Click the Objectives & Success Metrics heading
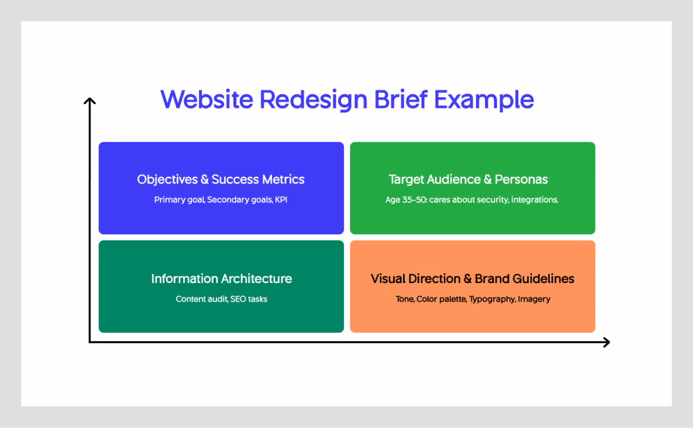click(x=221, y=179)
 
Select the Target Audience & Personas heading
click(x=468, y=179)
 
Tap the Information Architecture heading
click(x=221, y=279)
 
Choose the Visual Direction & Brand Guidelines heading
click(x=472, y=279)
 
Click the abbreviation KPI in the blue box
click(x=281, y=200)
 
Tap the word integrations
click(x=535, y=200)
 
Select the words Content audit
click(x=202, y=299)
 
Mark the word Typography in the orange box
click(x=492, y=299)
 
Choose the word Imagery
click(x=534, y=299)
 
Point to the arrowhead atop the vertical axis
click(x=90, y=100)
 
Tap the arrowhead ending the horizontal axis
click(x=607, y=342)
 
